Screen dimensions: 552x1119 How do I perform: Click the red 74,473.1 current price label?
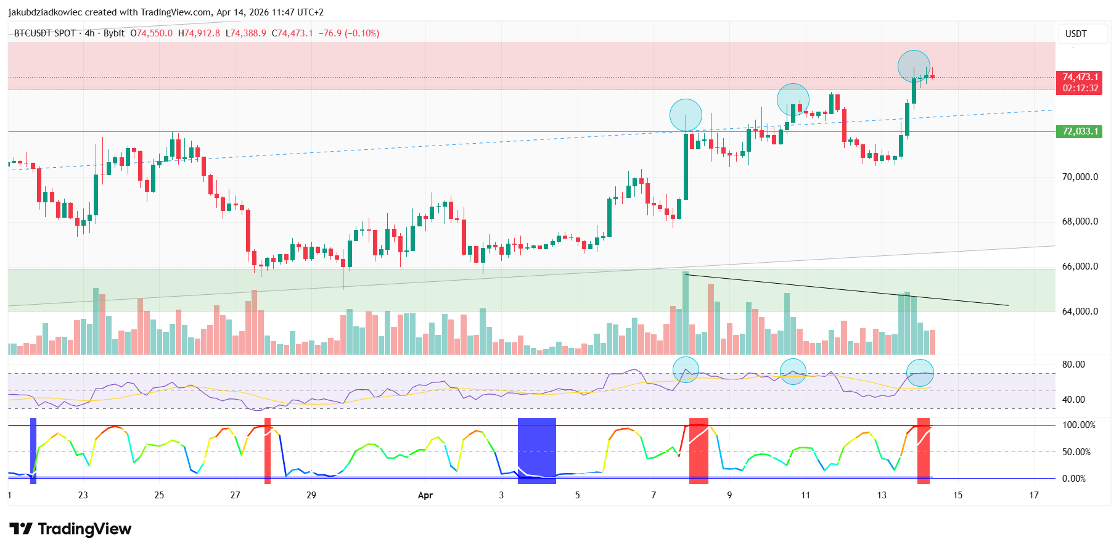1080,77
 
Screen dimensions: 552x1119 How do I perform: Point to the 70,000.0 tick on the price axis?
1080,177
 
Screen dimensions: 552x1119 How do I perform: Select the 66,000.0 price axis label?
1080,266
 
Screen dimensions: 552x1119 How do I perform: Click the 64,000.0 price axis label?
1080,311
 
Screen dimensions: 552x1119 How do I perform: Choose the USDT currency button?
1076,34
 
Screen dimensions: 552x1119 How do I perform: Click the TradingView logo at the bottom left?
70,529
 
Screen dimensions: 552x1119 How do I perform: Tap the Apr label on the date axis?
425,495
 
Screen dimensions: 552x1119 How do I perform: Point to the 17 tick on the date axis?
1034,495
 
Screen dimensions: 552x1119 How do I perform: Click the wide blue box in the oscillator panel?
536,448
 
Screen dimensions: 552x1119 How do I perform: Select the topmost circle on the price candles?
914,66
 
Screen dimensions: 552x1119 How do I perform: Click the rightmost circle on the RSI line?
920,373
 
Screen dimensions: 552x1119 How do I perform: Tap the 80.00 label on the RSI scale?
1073,365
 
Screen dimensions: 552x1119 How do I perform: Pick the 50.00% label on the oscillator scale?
1076,452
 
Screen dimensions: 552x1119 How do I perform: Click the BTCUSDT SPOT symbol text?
45,33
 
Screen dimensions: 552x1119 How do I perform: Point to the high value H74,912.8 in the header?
199,33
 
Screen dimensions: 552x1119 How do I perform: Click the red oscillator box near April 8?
699,451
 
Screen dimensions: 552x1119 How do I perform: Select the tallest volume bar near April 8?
686,313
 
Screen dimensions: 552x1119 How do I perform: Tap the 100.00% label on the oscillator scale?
1078,425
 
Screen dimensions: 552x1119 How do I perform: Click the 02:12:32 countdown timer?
1080,88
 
